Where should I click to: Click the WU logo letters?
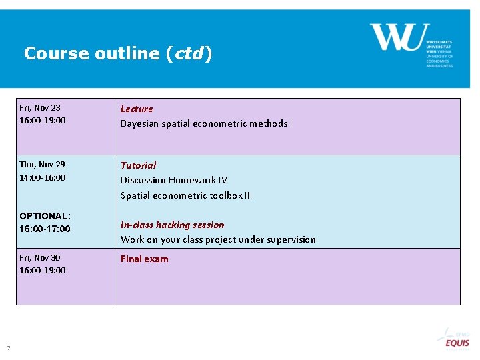pos(396,37)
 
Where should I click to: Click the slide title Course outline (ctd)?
pos(118,53)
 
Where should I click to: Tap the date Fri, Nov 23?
pos(40,107)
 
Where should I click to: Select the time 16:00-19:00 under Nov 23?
pos(43,121)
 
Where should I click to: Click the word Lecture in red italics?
pos(137,109)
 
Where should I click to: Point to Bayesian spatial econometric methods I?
pos(206,123)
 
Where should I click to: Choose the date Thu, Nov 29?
pos(42,164)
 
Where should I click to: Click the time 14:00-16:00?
pos(43,177)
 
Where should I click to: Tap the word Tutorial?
pos(138,165)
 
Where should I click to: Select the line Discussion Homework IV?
pos(173,180)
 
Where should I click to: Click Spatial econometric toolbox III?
pos(186,195)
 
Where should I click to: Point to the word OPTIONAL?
pos(45,216)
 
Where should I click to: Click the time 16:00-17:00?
pos(45,229)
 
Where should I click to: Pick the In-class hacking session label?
pos(172,225)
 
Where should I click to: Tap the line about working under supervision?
pos(218,239)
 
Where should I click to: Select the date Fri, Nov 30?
pos(40,257)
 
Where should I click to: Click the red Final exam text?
pos(144,259)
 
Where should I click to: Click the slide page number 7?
pos(9,347)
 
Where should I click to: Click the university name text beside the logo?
pos(439,46)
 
